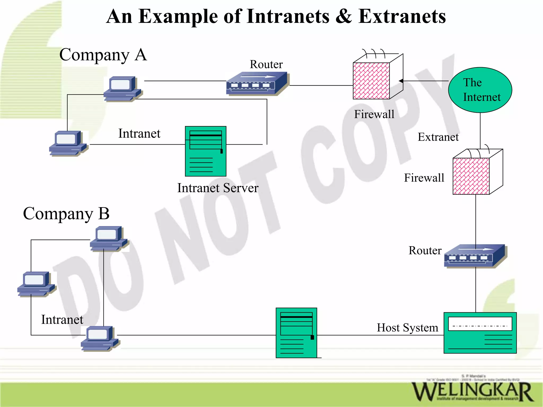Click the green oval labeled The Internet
point(480,90)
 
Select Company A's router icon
point(257,84)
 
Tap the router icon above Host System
point(475,256)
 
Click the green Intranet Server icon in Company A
point(205,151)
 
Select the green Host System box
point(480,333)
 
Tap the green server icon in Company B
point(296,333)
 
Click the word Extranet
point(438,137)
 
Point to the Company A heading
point(103,55)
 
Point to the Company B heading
point(66,214)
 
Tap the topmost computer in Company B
point(109,238)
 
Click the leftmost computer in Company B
point(36,284)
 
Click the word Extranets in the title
point(402,16)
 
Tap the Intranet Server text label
point(218,188)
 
